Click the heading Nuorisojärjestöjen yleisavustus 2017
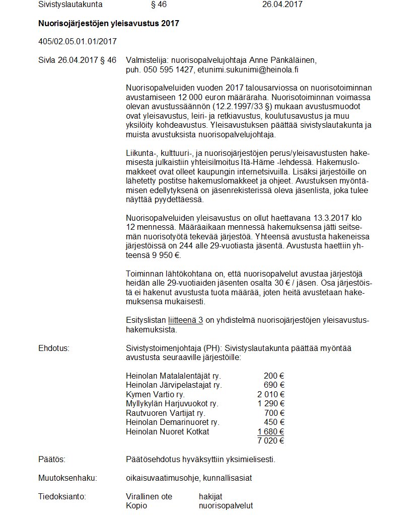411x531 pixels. [x=108, y=23]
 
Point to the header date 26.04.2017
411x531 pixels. [x=283, y=5]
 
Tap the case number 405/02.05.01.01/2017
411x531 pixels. [x=78, y=41]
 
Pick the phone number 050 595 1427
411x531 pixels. [x=169, y=69]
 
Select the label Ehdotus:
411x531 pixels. [x=54, y=347]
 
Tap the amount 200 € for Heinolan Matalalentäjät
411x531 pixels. [x=274, y=376]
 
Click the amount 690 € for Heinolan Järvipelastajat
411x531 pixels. [x=274, y=385]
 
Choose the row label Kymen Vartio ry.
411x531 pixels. [x=155, y=394]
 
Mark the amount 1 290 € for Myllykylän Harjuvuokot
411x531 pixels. [x=271, y=403]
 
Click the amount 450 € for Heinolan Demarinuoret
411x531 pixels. [x=274, y=422]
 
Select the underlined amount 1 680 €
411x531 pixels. [x=271, y=431]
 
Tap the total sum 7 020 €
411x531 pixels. [x=271, y=440]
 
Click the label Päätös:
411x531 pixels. [x=52, y=459]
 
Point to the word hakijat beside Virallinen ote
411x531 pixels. [x=211, y=496]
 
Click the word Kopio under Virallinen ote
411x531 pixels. [x=136, y=505]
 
